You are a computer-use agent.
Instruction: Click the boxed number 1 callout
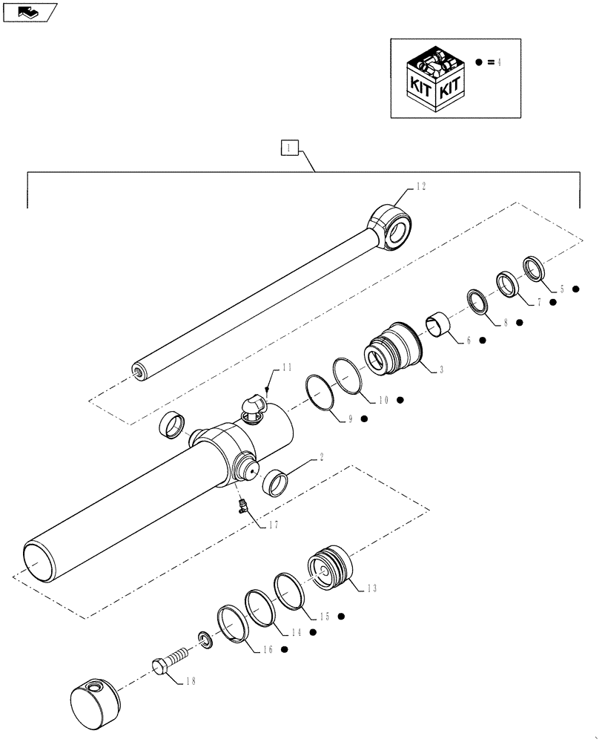pyautogui.click(x=290, y=148)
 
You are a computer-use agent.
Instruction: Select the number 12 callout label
pyautogui.click(x=421, y=186)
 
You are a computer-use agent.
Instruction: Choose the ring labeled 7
pyautogui.click(x=507, y=283)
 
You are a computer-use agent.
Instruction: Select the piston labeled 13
pyautogui.click(x=331, y=568)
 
